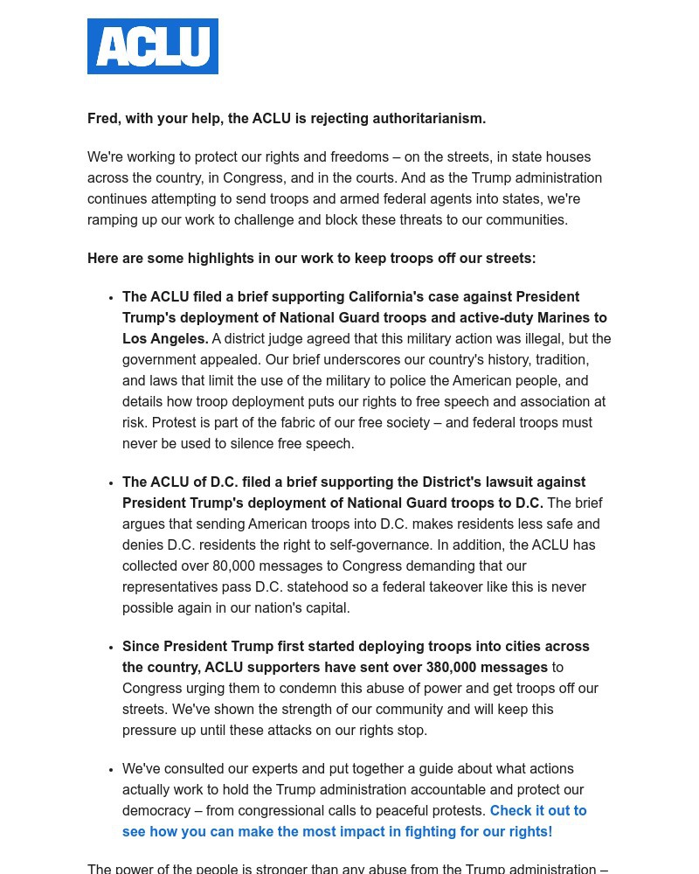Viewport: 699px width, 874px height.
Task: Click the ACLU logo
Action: tap(153, 46)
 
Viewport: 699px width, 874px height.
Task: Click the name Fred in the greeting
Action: tap(103, 119)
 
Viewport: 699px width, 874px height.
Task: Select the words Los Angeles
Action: tap(164, 339)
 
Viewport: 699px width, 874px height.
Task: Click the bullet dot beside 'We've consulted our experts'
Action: tap(111, 770)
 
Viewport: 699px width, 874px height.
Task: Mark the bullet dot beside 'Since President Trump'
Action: tap(111, 648)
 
